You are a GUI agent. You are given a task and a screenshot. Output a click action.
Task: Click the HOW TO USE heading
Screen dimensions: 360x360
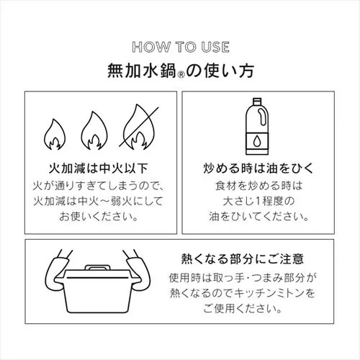point(181,48)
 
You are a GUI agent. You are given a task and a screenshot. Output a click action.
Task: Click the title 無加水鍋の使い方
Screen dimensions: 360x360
point(180,71)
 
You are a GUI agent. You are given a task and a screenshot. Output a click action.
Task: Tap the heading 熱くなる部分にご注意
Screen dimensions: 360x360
point(243,258)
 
